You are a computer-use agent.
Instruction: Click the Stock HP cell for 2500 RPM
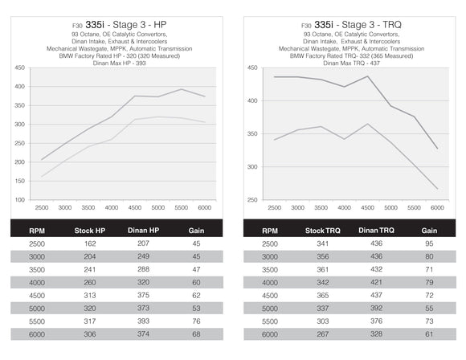(x=89, y=243)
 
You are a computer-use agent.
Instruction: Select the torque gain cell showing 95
(x=430, y=243)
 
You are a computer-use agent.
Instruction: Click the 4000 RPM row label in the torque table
(x=269, y=282)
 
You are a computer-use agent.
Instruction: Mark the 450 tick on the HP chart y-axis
(x=19, y=67)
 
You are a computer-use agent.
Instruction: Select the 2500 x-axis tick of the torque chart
(x=275, y=207)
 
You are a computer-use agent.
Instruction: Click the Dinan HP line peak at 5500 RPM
(x=182, y=89)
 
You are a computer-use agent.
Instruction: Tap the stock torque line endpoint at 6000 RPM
(x=437, y=190)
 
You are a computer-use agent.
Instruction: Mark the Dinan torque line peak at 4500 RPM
(x=367, y=76)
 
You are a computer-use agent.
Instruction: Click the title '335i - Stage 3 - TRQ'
(x=360, y=24)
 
